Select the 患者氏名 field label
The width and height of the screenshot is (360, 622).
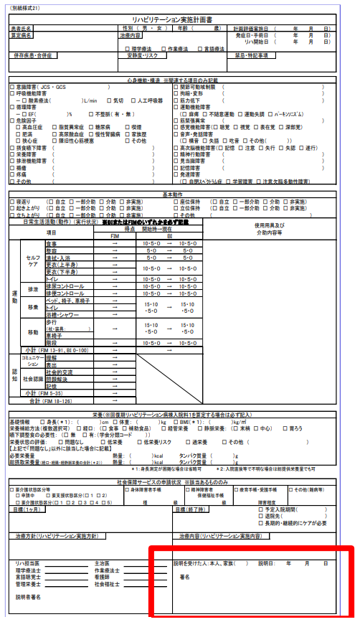click(x=20, y=28)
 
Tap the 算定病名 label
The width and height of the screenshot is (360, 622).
click(x=20, y=34)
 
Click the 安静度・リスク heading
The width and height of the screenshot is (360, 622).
click(x=141, y=55)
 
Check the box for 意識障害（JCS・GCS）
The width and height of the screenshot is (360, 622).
click(x=12, y=87)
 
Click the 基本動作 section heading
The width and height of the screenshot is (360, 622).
click(x=173, y=174)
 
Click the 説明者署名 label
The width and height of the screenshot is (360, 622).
click(x=29, y=597)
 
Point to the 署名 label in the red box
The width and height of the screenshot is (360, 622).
click(x=184, y=576)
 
